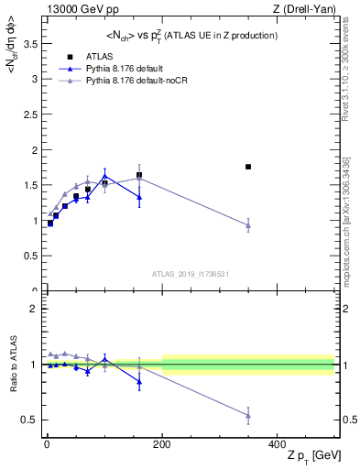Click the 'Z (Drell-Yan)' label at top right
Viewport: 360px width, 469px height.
307,9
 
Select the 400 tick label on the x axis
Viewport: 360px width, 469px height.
278,444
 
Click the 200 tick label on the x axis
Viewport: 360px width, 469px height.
162,444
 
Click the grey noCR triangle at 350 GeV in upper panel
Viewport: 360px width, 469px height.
248,225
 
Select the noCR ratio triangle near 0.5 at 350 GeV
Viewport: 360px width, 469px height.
248,416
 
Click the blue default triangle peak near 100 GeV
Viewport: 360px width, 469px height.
105,176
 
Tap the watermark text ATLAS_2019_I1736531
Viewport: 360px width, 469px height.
191,274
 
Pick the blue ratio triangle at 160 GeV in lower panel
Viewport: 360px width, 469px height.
139,382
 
